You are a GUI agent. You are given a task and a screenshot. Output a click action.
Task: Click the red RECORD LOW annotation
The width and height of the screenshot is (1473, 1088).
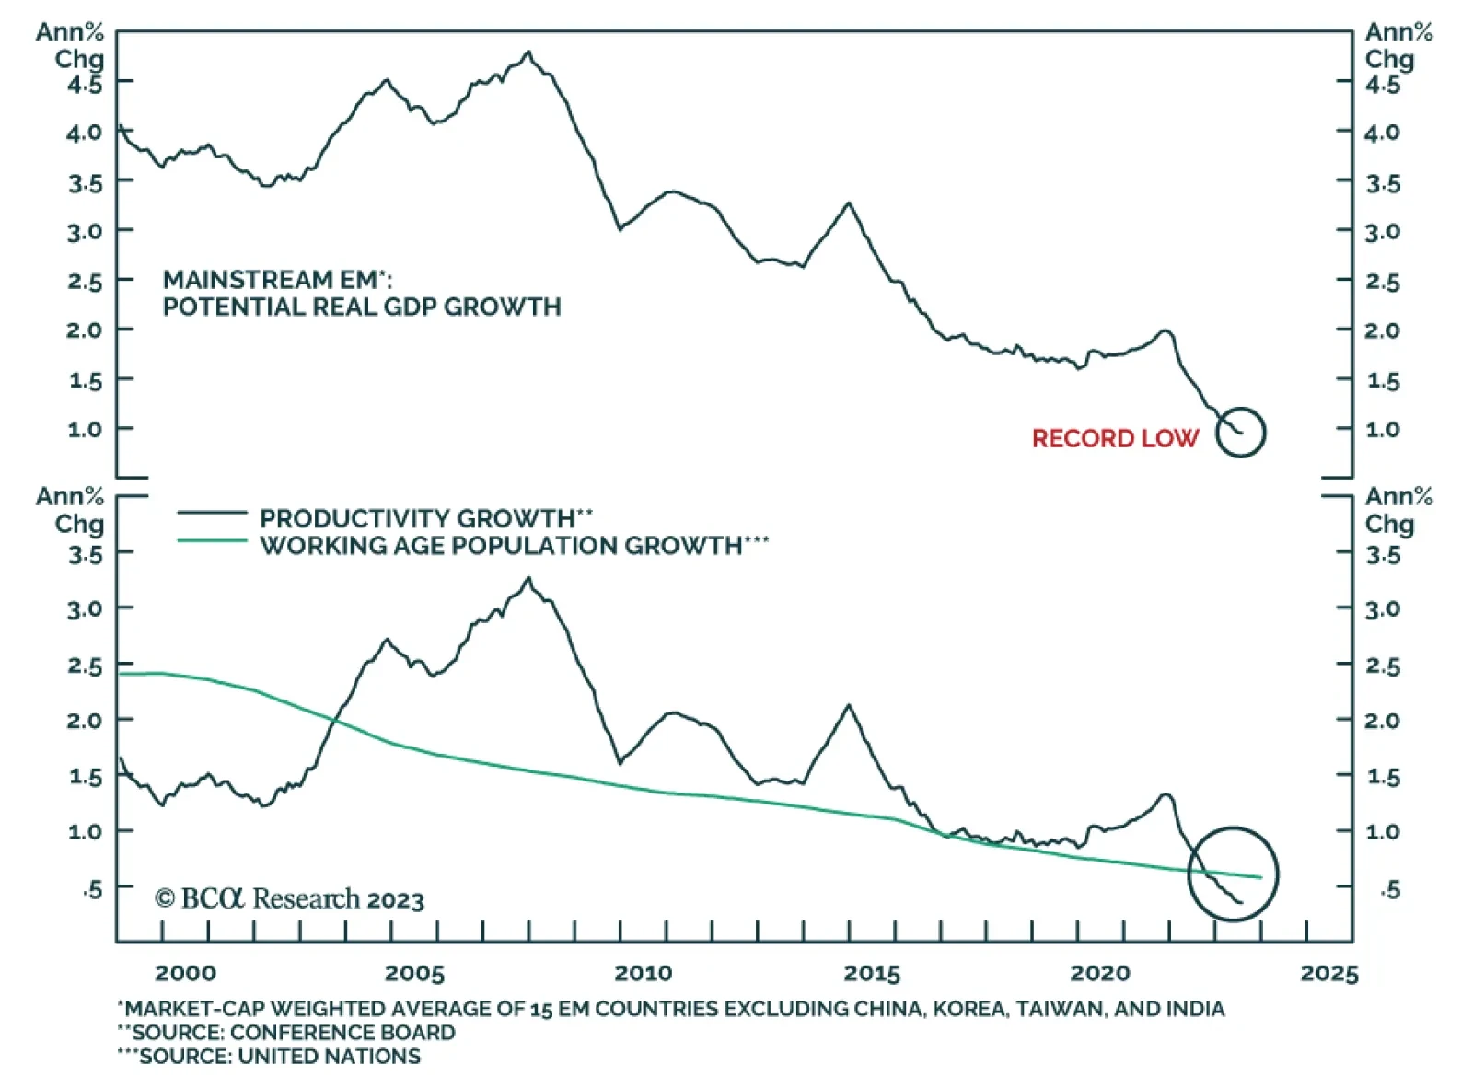1115,438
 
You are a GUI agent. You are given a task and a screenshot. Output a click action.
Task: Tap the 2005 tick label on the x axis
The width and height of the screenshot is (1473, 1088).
414,973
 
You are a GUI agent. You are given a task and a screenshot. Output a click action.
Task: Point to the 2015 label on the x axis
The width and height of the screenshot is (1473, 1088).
872,973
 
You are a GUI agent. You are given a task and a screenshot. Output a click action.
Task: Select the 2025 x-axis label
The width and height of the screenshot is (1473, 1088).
1328,973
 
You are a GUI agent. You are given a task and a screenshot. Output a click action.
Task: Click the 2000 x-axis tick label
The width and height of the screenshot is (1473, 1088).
185,973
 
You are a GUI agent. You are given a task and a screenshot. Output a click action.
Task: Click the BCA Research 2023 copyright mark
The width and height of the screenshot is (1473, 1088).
289,898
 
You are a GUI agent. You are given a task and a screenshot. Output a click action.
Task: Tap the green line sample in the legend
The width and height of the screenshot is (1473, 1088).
212,541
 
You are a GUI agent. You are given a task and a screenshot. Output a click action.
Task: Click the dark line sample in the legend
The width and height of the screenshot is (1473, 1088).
212,513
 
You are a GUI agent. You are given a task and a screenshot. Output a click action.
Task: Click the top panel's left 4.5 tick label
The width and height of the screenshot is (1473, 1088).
85,85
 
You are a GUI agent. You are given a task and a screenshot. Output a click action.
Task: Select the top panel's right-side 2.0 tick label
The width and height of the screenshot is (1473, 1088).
1382,330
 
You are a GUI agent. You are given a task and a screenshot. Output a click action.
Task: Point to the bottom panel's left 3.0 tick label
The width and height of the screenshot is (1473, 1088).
85,609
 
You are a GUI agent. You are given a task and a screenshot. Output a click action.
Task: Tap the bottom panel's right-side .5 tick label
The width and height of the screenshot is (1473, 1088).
1389,889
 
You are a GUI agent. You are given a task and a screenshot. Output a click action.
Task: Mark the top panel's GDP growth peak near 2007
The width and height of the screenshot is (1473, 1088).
528,52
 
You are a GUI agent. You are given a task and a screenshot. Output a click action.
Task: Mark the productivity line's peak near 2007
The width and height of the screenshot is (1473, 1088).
528,579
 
